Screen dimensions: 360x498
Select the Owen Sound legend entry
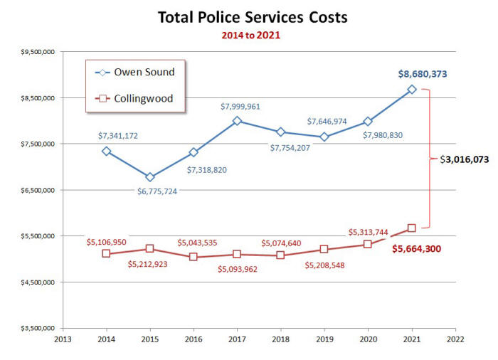pos(134,72)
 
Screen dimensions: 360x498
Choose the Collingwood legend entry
pos(134,98)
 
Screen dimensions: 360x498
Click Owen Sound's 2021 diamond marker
pos(411,89)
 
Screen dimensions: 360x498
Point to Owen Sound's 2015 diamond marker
pos(150,177)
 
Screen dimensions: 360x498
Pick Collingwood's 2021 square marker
pos(411,228)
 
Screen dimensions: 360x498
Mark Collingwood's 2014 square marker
pos(107,254)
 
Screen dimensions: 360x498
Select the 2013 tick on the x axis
pos(63,339)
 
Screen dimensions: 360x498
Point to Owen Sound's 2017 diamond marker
pos(237,121)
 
